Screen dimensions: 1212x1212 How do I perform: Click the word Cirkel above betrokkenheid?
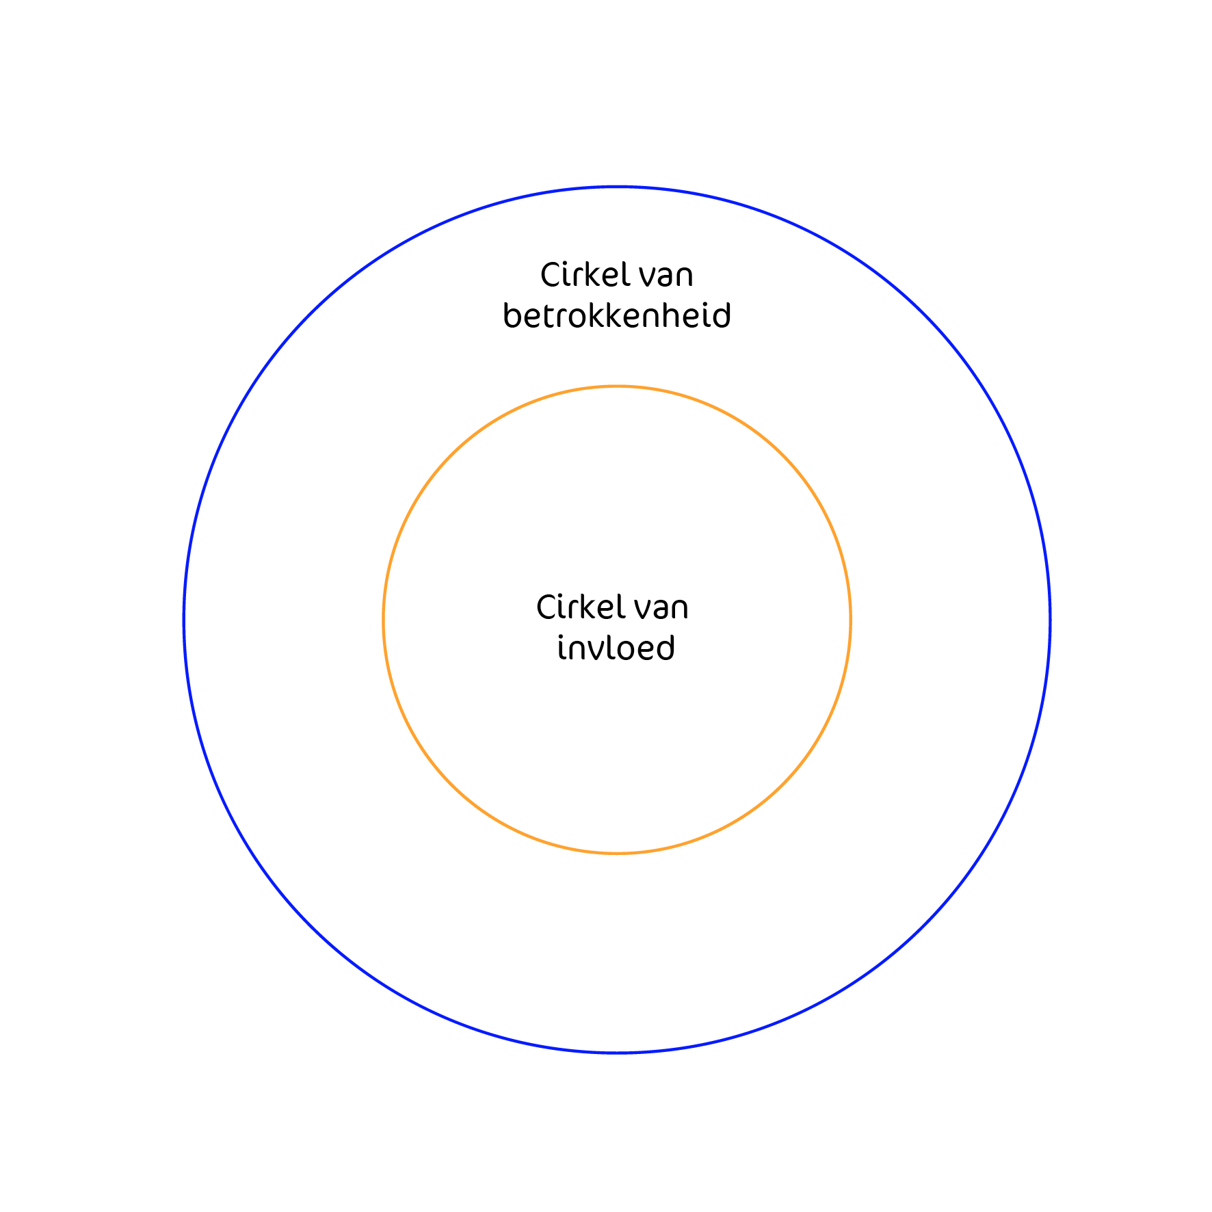pyautogui.click(x=585, y=275)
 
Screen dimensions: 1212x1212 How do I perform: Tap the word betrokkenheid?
pyautogui.click(x=617, y=315)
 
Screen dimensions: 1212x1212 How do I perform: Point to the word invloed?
pyautogui.click(x=616, y=648)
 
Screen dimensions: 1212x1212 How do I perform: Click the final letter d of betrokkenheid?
pyautogui.click(x=722, y=315)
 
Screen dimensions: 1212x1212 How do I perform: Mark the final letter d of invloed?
pyautogui.click(x=666, y=648)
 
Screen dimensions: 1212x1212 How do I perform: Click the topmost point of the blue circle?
pyautogui.click(x=617, y=187)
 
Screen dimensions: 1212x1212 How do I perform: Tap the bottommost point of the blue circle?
pyautogui.click(x=617, y=1053)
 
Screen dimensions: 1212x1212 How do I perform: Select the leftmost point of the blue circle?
pyautogui.click(x=184, y=620)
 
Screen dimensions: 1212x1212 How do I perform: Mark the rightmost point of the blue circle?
pyautogui.click(x=1050, y=620)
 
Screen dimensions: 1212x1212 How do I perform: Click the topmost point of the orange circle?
pyautogui.click(x=617, y=386)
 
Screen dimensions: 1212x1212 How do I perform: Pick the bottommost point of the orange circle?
pyautogui.click(x=617, y=854)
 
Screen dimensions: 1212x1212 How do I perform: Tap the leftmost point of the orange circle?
pyautogui.click(x=383, y=620)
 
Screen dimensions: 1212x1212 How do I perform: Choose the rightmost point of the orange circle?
pyautogui.click(x=851, y=620)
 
